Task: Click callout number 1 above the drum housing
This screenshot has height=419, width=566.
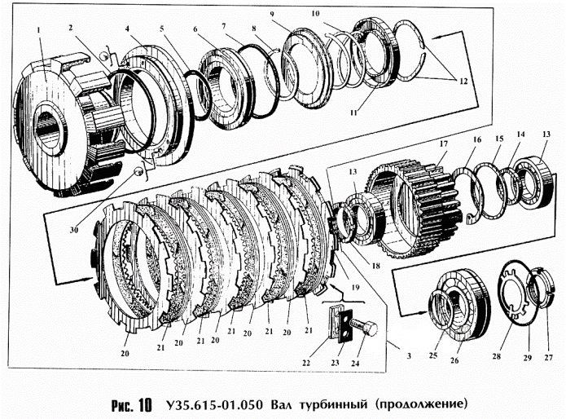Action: [38, 31]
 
